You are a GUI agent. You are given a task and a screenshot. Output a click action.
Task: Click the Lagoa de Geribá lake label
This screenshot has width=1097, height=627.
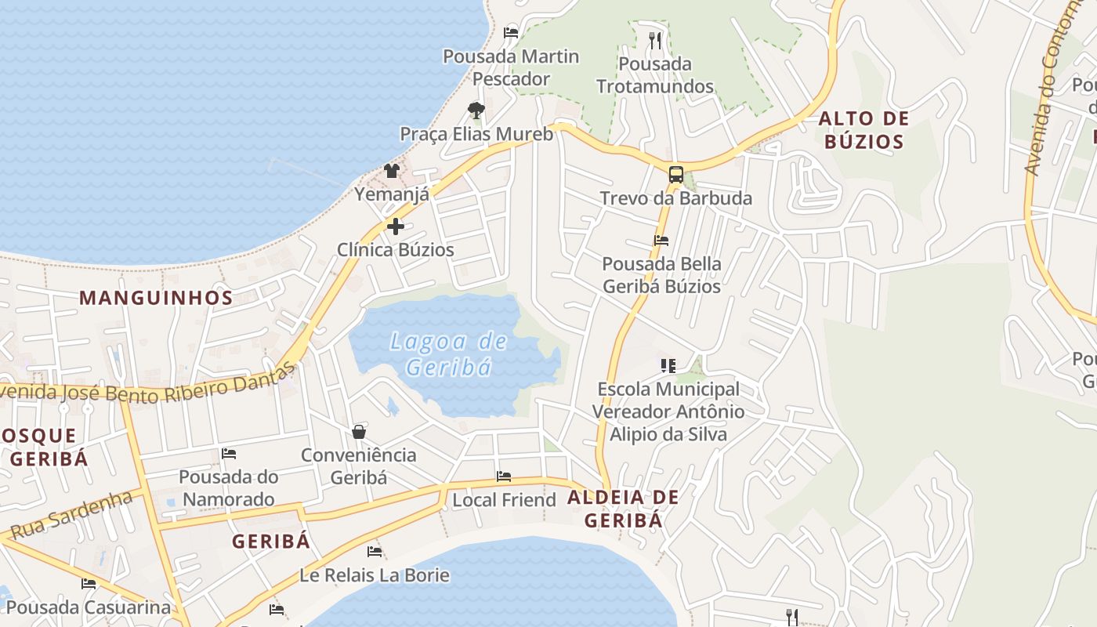(448, 354)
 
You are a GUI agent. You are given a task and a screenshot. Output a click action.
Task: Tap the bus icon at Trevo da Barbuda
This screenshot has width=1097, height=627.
(675, 175)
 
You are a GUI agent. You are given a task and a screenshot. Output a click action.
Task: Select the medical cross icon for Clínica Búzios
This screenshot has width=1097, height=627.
(396, 227)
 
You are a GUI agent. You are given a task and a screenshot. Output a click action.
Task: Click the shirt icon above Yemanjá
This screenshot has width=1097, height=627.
(392, 170)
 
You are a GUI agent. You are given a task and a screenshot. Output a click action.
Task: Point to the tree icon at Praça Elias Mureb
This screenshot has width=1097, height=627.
(476, 111)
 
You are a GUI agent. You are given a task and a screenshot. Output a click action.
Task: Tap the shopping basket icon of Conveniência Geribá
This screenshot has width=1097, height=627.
(359, 432)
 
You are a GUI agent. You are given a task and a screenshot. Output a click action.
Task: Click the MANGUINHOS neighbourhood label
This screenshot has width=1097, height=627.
(156, 298)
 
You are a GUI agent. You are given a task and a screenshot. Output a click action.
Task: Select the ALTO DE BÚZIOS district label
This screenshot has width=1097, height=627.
(863, 130)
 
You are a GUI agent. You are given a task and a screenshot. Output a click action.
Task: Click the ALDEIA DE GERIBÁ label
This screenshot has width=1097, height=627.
(623, 508)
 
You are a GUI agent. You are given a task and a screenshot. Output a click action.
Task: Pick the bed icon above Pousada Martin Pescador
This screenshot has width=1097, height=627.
(511, 33)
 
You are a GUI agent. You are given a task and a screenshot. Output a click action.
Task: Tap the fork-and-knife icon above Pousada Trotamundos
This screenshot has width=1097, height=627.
(655, 40)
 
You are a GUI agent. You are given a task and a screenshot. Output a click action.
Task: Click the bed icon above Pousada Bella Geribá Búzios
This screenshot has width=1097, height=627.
(661, 241)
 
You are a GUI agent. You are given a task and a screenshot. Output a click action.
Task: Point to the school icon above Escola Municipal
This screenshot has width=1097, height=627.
(668, 366)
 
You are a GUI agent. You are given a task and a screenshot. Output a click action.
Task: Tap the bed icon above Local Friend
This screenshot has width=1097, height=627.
(504, 477)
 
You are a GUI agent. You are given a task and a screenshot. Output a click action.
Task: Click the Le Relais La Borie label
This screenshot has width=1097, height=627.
(375, 575)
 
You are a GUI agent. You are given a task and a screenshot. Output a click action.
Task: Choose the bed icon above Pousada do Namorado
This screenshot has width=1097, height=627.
(228, 454)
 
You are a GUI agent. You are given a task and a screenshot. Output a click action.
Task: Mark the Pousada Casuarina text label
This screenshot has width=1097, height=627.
(88, 607)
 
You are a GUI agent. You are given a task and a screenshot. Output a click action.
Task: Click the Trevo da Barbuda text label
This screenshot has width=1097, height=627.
(675, 198)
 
